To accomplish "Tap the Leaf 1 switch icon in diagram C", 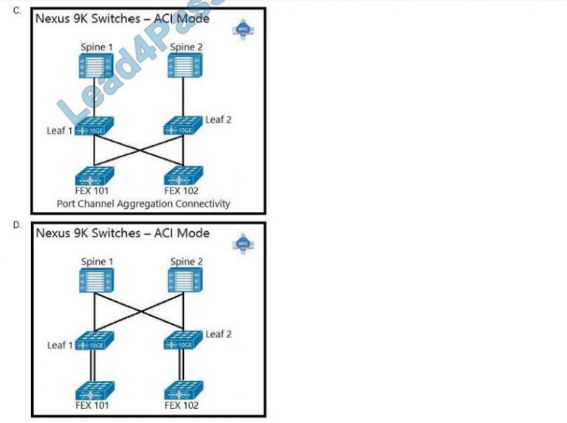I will tap(94, 127).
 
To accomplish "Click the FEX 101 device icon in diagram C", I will tap(94, 176).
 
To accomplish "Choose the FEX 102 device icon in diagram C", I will tap(182, 176).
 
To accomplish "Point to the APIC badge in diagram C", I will tap(243, 28).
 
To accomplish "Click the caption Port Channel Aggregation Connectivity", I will tap(143, 203).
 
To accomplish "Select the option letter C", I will tap(16, 10).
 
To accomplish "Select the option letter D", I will tap(16, 225).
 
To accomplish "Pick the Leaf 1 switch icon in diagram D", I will tap(94, 343).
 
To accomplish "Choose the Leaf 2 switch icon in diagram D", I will tap(182, 341).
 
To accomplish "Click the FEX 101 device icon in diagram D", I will tap(94, 389).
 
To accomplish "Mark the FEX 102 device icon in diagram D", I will tap(182, 389).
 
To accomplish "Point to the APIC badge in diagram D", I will tap(243, 243).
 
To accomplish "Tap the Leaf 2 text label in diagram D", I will tap(218, 334).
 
